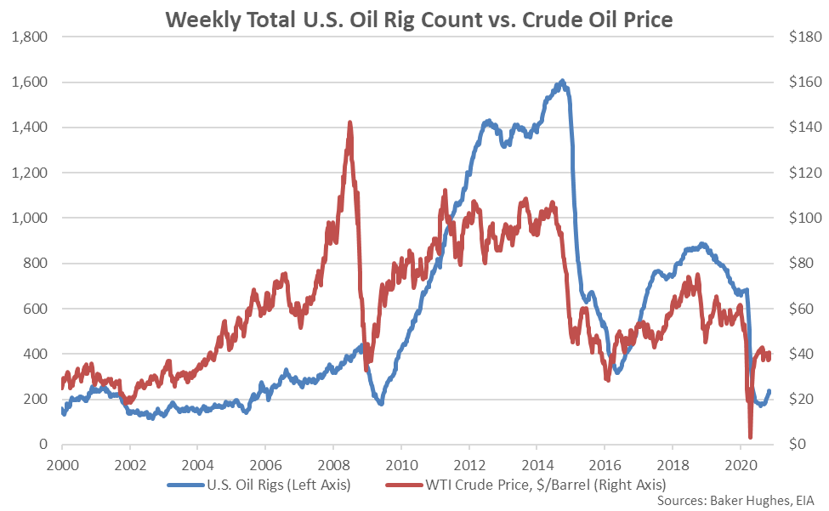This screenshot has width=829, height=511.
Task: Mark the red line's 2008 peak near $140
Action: [350, 123]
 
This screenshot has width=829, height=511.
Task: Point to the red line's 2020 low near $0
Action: [750, 437]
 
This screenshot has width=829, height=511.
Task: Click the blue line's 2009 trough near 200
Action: [380, 402]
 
